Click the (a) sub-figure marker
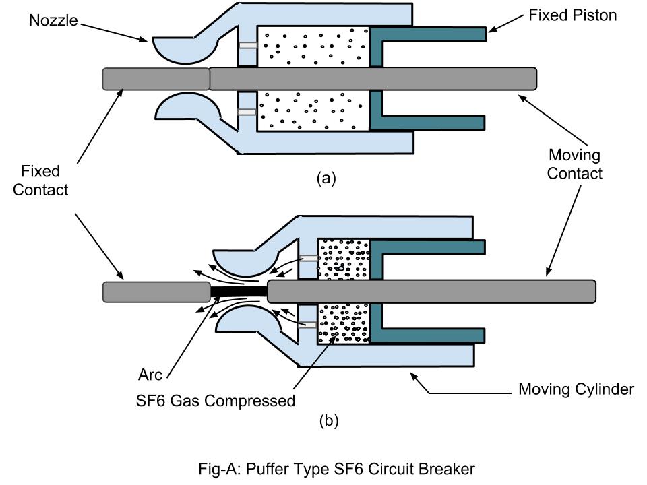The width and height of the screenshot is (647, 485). tap(326, 178)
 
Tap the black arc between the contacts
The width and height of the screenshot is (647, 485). tap(238, 292)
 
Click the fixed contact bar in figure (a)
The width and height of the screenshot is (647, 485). tap(156, 79)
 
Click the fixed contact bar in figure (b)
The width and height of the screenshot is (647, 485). tap(156, 292)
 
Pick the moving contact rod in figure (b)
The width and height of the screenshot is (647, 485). tap(431, 291)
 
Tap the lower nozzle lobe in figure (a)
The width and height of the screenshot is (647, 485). tap(177, 108)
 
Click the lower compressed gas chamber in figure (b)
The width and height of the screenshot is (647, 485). tap(343, 324)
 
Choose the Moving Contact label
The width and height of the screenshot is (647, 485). tap(574, 164)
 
